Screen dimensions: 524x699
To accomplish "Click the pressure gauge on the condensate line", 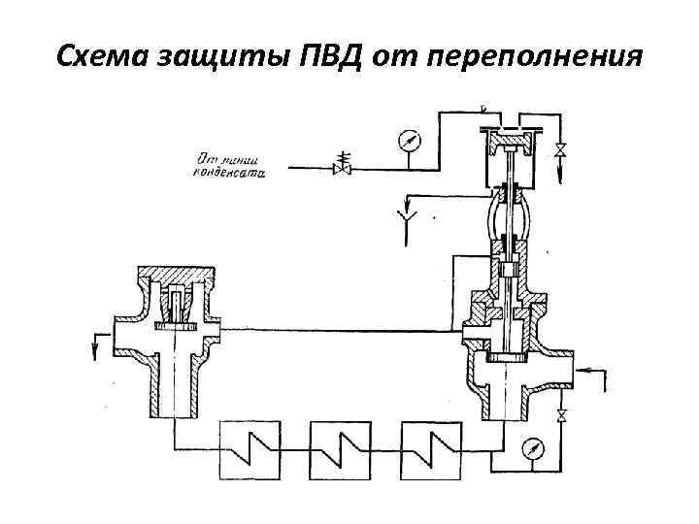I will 411,142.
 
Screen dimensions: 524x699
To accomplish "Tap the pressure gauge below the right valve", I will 532,449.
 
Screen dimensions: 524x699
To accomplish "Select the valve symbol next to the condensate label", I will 342,163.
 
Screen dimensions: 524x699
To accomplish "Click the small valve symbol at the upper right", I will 560,150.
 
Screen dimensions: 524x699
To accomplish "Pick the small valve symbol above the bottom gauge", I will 561,418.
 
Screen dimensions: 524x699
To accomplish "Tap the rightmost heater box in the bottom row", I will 433,448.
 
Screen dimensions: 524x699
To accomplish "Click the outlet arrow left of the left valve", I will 97,342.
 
